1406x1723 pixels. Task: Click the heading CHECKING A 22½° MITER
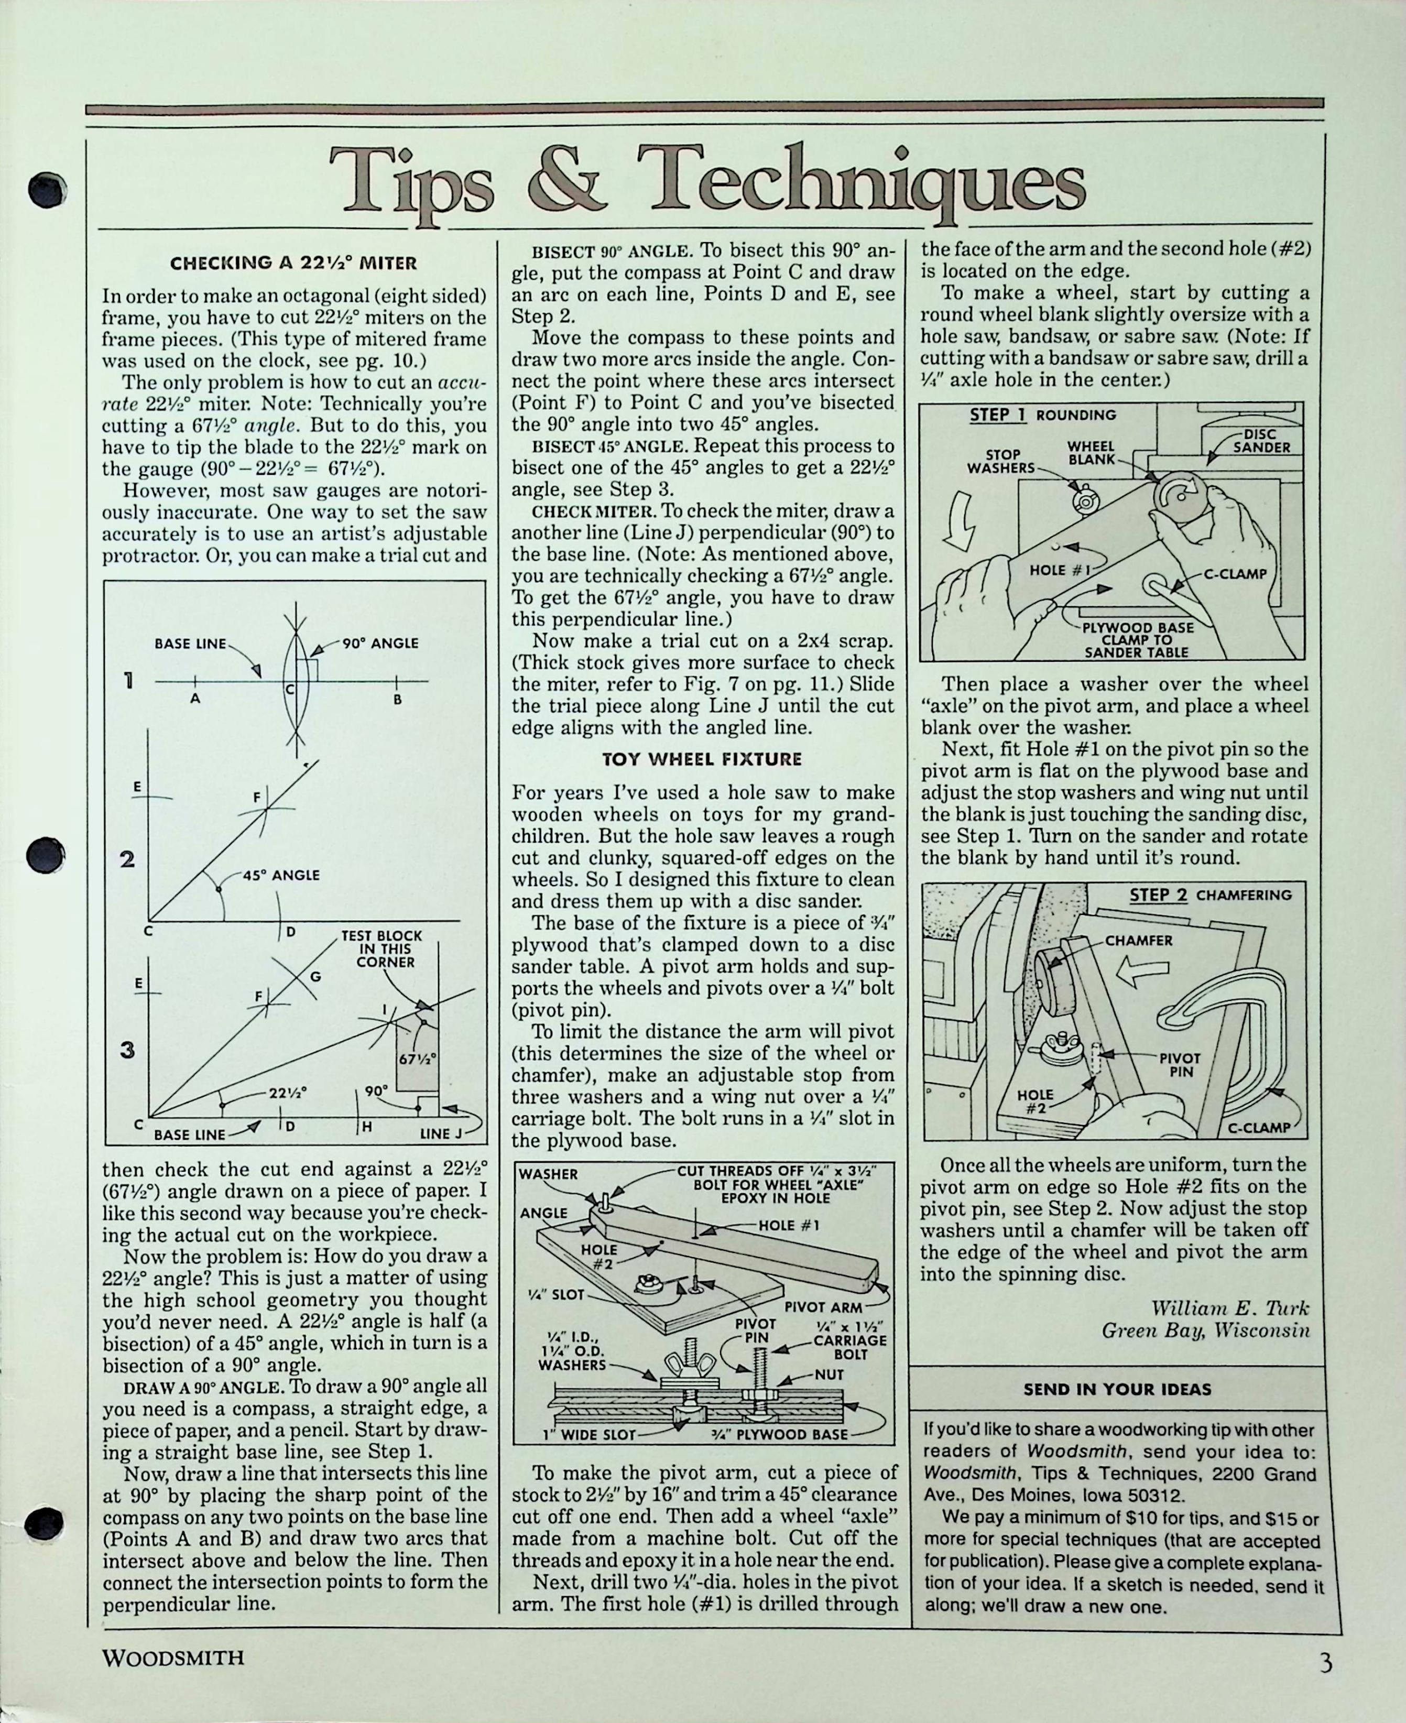(x=293, y=263)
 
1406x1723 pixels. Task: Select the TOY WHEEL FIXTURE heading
(x=701, y=759)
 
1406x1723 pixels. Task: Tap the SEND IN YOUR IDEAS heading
(x=1117, y=1389)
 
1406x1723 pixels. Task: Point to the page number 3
(x=1325, y=1657)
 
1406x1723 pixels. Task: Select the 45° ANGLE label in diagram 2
(x=280, y=875)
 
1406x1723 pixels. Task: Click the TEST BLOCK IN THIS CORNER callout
(x=382, y=949)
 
